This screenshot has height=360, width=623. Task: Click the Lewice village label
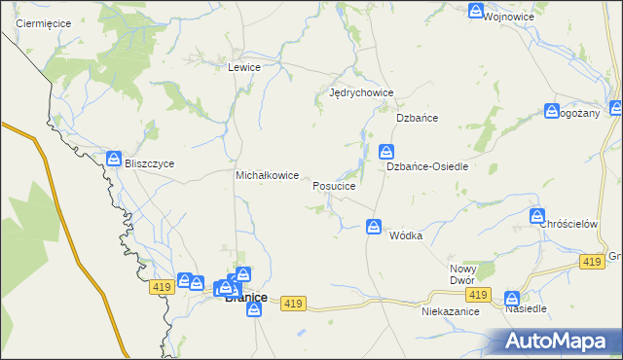point(243,67)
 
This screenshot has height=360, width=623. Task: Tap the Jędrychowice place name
point(360,93)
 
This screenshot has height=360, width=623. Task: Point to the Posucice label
point(340,185)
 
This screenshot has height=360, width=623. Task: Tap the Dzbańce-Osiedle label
point(428,166)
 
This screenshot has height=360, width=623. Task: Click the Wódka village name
point(406,236)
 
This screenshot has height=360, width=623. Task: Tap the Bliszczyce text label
point(149,163)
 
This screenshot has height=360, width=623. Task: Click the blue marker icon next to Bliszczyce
point(114,158)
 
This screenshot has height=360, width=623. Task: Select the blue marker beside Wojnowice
point(475,12)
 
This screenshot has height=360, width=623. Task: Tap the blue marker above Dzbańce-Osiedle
point(385,152)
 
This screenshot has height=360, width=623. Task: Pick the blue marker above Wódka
point(374,227)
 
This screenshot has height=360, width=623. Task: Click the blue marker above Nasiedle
point(512,299)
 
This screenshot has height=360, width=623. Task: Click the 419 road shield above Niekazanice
point(476,295)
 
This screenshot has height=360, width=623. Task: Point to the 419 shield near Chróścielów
point(591,262)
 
